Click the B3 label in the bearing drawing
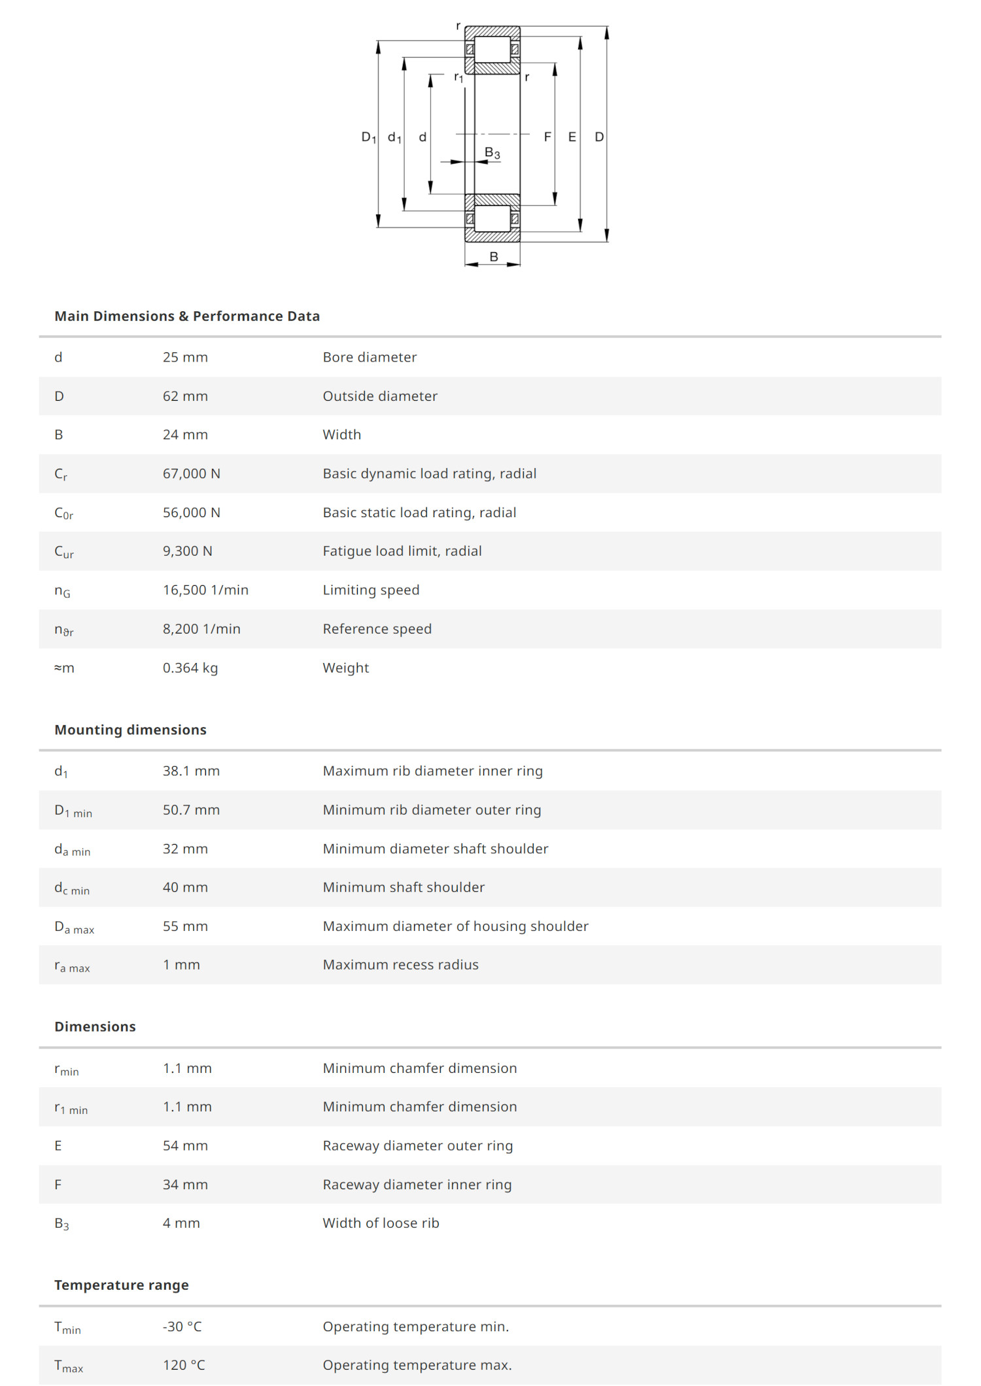click(x=492, y=153)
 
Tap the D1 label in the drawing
click(x=369, y=137)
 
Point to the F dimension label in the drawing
click(x=547, y=137)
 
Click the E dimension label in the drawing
click(x=572, y=137)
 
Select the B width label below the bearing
click(x=494, y=257)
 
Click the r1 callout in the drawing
click(x=458, y=77)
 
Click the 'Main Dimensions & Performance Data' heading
click(x=187, y=316)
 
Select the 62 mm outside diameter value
click(x=185, y=396)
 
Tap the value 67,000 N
click(x=191, y=473)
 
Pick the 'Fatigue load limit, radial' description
click(x=402, y=551)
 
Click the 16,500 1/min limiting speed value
click(x=205, y=590)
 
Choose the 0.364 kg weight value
click(x=190, y=668)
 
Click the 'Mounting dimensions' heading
click(x=130, y=730)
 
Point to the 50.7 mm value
click(x=191, y=809)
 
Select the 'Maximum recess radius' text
click(x=400, y=964)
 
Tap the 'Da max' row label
click(x=74, y=927)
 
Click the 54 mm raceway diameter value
click(x=185, y=1145)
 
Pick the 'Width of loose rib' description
click(x=381, y=1223)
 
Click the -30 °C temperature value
click(x=182, y=1327)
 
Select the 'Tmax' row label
click(x=69, y=1366)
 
